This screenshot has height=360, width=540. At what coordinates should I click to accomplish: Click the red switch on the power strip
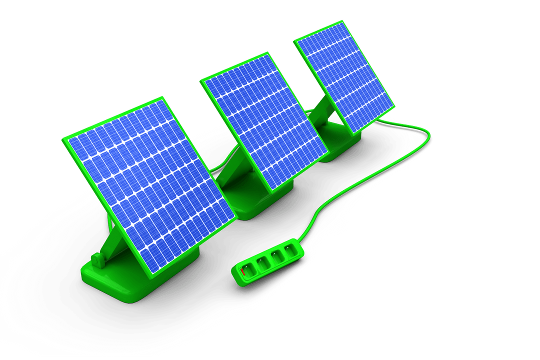[243, 272]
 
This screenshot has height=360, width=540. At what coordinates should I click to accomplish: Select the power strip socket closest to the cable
[288, 248]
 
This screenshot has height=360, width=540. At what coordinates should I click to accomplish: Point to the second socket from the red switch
[262, 261]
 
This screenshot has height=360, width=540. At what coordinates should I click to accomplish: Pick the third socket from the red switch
[275, 254]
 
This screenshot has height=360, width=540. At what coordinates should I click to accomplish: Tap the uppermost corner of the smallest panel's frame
[344, 21]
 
